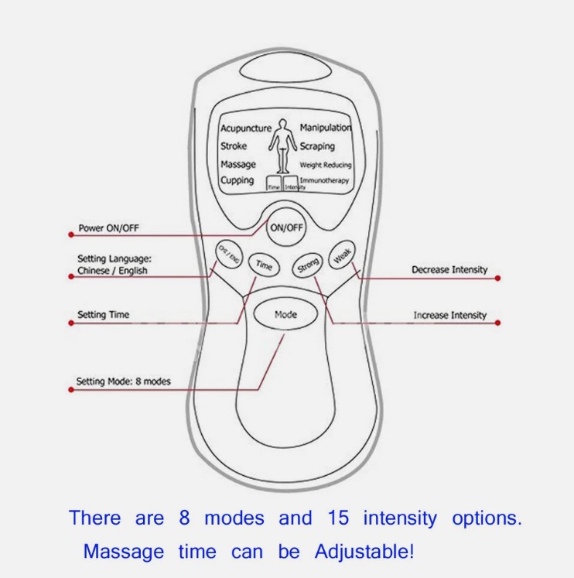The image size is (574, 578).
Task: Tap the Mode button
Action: point(285,315)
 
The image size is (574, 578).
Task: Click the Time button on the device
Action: point(264,265)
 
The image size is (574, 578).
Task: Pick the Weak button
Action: point(341,255)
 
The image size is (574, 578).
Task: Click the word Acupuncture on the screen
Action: point(245,128)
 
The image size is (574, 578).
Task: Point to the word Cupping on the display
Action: point(237,180)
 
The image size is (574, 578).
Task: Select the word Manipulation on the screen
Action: point(325,128)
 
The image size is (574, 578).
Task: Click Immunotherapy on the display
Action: point(324,180)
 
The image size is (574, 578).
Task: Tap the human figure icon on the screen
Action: point(283,147)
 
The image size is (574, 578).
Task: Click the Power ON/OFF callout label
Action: point(110,229)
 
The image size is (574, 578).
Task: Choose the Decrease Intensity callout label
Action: point(449,270)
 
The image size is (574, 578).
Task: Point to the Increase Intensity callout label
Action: point(449,316)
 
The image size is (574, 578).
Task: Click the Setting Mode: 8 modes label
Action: point(123,381)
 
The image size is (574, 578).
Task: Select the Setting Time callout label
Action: point(103,315)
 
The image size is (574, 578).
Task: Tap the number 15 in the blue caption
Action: point(337,518)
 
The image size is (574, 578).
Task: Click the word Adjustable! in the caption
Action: point(364,552)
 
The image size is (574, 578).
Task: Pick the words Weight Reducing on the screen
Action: point(325,165)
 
